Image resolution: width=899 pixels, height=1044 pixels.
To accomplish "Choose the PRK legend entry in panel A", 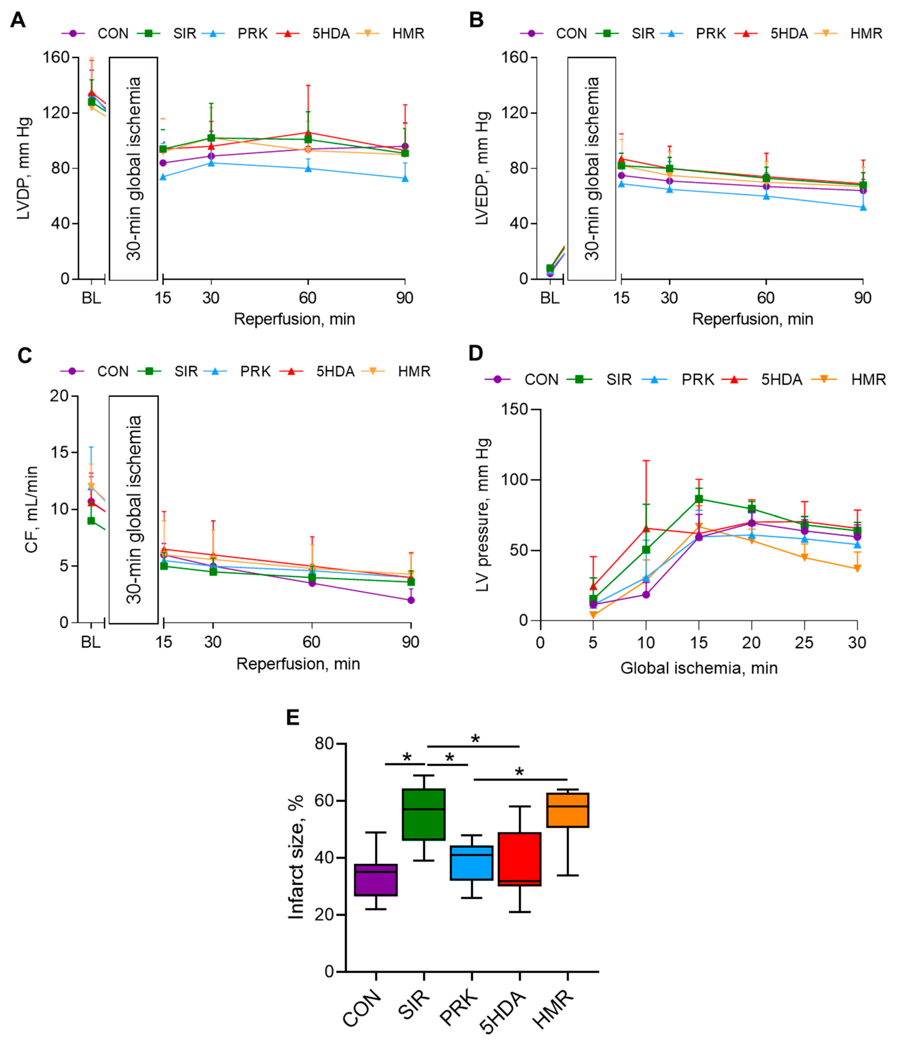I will click(252, 34).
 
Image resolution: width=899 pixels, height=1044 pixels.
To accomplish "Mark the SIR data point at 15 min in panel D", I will click(699, 499).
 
